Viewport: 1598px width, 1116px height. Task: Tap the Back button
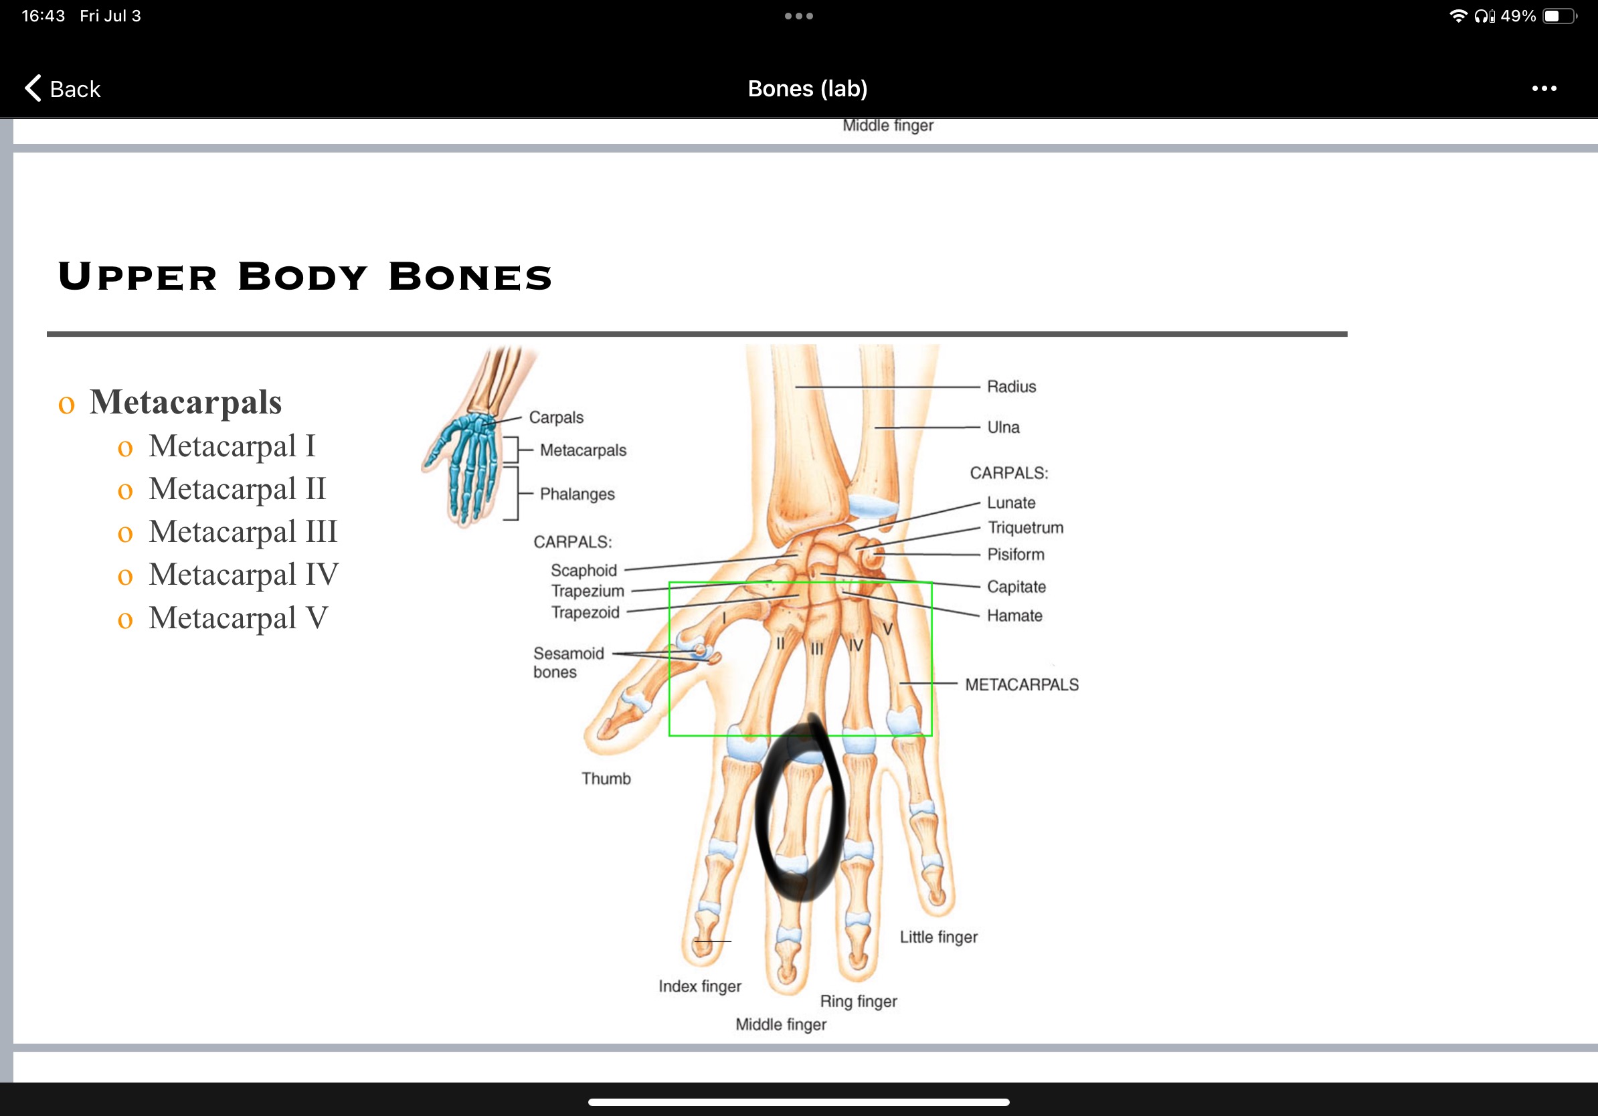click(63, 88)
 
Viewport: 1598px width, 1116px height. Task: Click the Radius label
click(1011, 386)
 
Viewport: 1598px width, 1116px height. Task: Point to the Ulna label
click(1003, 427)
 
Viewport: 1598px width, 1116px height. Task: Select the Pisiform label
click(1015, 555)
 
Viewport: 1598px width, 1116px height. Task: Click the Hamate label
click(1014, 616)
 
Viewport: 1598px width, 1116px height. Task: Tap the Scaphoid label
click(584, 571)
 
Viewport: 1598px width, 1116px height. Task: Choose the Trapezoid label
click(585, 612)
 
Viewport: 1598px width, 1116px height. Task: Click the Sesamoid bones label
click(568, 662)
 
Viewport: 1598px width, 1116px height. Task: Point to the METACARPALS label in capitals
click(1022, 684)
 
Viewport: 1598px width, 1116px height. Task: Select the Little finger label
click(938, 937)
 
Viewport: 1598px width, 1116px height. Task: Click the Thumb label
click(606, 779)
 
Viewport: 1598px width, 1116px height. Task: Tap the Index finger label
click(699, 987)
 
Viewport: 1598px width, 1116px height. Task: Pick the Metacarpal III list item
click(242, 531)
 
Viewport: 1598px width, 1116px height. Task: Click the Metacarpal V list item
click(238, 618)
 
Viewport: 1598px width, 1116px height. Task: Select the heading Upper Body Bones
click(305, 276)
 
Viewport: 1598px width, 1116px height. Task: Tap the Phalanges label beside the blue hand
click(577, 494)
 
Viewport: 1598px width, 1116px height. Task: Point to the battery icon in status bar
click(1559, 16)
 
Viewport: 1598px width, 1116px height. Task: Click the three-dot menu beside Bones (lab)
click(1544, 88)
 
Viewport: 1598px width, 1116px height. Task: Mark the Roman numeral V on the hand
click(887, 630)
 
